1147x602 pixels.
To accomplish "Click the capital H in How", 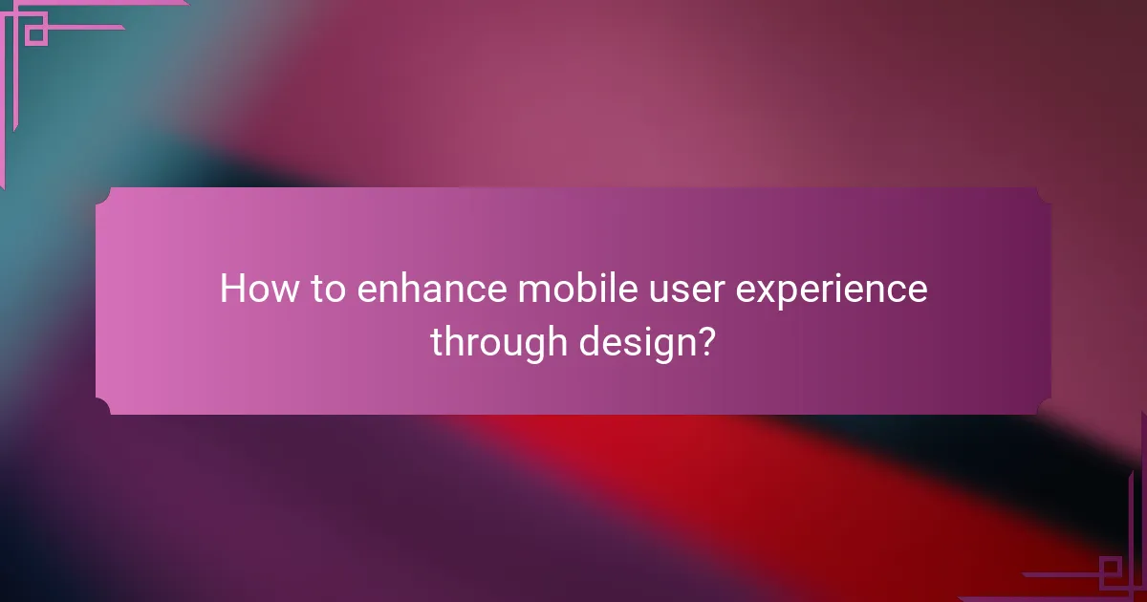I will coord(231,289).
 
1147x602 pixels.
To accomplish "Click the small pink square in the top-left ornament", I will coord(35,34).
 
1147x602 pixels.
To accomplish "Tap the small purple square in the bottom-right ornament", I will coord(1112,570).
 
